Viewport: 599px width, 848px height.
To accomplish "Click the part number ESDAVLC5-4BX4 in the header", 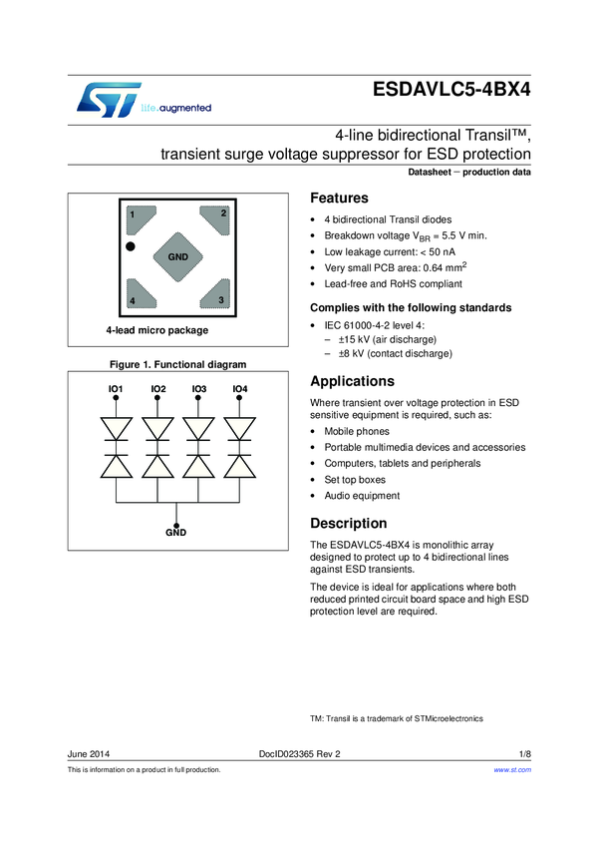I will pyautogui.click(x=451, y=89).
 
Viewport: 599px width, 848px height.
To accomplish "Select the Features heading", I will pyautogui.click(x=340, y=199).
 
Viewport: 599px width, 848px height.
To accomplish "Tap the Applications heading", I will pyautogui.click(x=353, y=381).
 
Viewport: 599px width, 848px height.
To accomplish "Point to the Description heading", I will pyautogui.click(x=349, y=523).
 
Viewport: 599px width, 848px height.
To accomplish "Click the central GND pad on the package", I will pyautogui.click(x=177, y=257).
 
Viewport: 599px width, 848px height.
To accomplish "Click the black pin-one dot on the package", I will pyautogui.click(x=130, y=245).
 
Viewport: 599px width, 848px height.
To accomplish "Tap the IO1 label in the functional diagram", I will pyautogui.click(x=116, y=388).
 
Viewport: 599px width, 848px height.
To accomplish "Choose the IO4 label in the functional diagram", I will pyautogui.click(x=239, y=388).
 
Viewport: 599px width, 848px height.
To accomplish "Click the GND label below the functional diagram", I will pyautogui.click(x=176, y=533).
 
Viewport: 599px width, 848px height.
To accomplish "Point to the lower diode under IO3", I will pyautogui.click(x=198, y=467).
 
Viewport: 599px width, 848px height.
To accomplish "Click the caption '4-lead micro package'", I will pyautogui.click(x=157, y=330).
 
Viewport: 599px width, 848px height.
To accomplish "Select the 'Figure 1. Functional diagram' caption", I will pyautogui.click(x=176, y=364).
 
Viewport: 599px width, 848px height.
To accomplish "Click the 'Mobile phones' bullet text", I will pyautogui.click(x=358, y=432).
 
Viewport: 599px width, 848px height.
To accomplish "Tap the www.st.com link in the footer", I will pyautogui.click(x=512, y=770).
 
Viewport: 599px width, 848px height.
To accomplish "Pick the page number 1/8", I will pyautogui.click(x=524, y=754).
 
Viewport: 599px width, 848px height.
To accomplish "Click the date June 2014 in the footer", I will pyautogui.click(x=89, y=754).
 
